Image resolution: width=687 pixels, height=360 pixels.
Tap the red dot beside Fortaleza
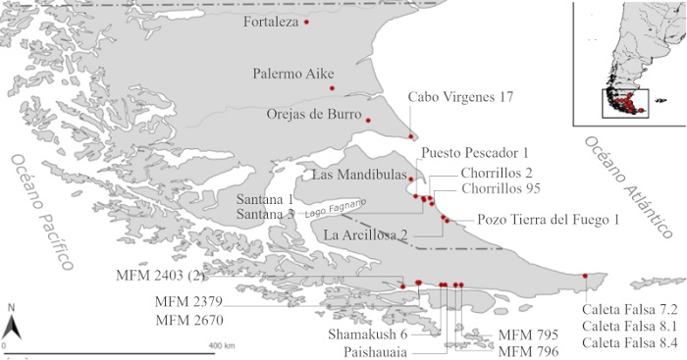(x=307, y=22)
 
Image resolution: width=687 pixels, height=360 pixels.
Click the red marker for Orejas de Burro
(x=369, y=120)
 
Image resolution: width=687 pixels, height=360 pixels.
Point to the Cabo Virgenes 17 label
(x=460, y=97)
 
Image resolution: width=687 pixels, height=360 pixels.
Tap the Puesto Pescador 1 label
(x=474, y=153)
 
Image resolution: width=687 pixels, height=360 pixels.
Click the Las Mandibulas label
(x=356, y=176)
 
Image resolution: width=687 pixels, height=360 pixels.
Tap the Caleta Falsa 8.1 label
(x=629, y=325)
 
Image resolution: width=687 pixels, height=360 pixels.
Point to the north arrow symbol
(x=9, y=323)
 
